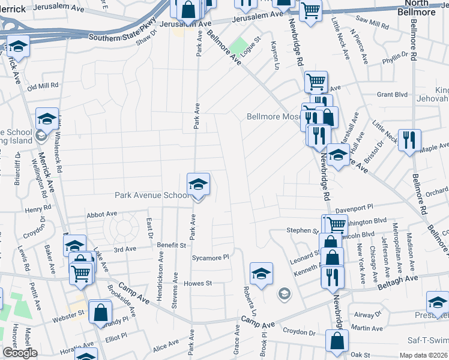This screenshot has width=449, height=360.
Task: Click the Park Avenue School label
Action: (x=152, y=196)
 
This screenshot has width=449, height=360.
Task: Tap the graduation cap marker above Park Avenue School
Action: (x=198, y=185)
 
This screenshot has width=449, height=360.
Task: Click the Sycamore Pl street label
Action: (x=211, y=257)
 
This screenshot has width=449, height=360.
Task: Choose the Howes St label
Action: (x=199, y=283)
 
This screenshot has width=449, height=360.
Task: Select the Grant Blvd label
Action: (x=393, y=95)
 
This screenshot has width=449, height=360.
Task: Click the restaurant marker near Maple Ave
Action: (x=409, y=140)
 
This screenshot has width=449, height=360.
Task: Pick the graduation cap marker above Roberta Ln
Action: (x=261, y=274)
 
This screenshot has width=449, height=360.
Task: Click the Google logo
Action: (x=19, y=353)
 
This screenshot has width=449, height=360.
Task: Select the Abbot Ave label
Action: (x=101, y=214)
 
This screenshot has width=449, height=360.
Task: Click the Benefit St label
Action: (x=172, y=245)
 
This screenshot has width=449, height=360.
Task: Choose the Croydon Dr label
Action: (x=299, y=332)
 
